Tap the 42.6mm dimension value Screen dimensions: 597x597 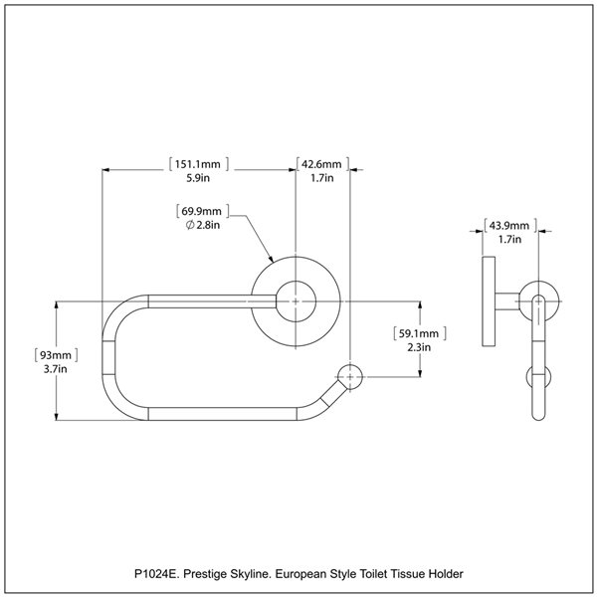tap(320, 163)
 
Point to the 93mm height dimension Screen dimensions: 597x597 tap(56, 354)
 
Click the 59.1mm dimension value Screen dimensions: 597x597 tap(419, 333)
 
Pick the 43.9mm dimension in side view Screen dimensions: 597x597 tap(506, 225)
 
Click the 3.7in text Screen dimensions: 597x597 tap(56, 369)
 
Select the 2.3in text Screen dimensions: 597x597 tap(419, 348)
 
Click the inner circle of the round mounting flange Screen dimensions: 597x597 tap(295, 298)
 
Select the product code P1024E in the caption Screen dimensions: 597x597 tap(158, 574)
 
